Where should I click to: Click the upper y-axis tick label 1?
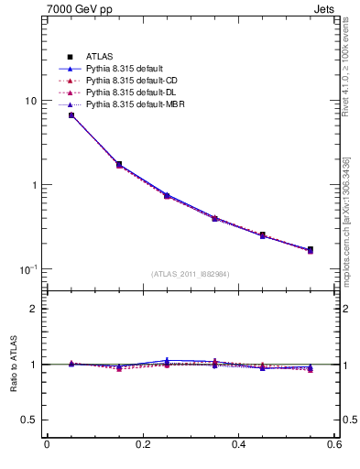point(35,185)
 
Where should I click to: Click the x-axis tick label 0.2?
point(142,445)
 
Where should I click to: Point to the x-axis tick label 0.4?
point(238,445)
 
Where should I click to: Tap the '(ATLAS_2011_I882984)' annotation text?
point(190,274)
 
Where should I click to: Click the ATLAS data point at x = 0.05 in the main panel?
point(71,115)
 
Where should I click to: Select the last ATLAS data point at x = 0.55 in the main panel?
point(311,249)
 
